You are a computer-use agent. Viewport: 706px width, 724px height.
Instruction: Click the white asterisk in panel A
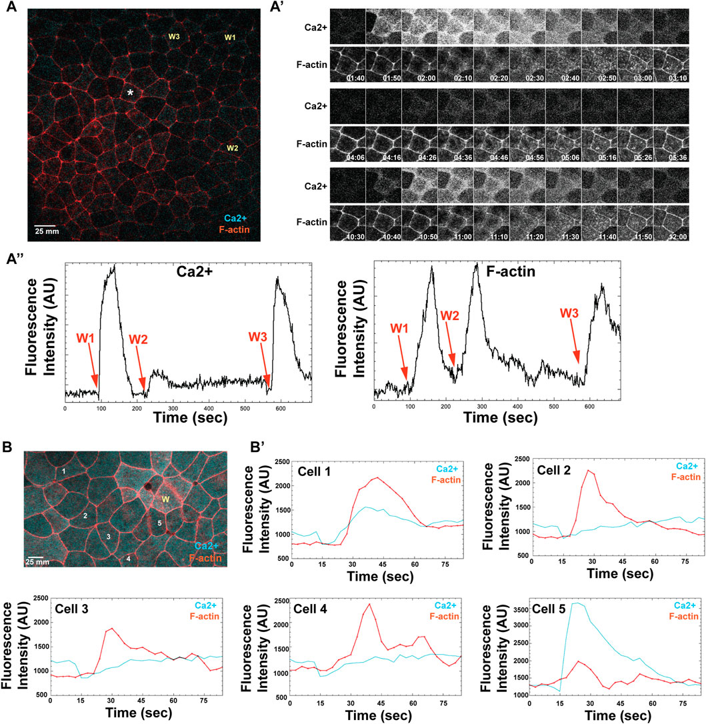pyautogui.click(x=131, y=94)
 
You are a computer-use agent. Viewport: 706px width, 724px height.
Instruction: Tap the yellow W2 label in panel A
pyautogui.click(x=232, y=147)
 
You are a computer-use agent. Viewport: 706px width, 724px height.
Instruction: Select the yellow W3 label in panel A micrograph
pyautogui.click(x=174, y=37)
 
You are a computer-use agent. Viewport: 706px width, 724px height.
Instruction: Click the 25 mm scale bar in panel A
pyautogui.click(x=44, y=225)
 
